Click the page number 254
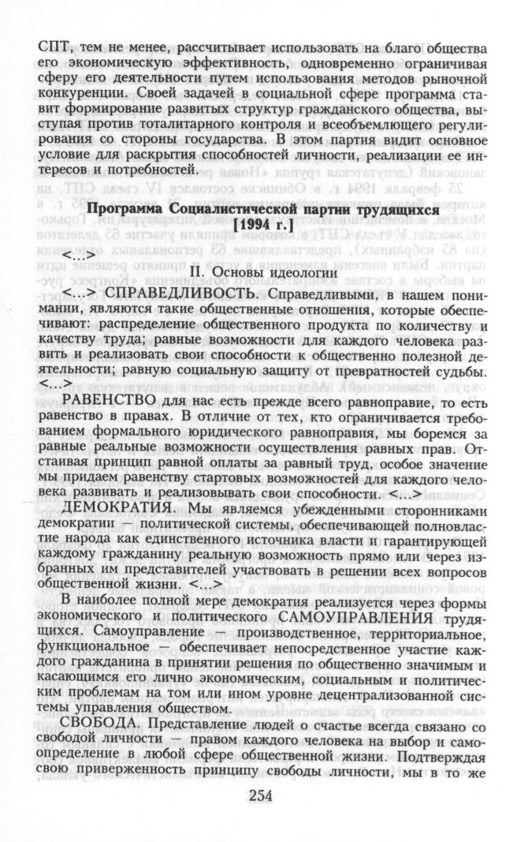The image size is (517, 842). [258, 795]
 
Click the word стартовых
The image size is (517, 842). [261, 477]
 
